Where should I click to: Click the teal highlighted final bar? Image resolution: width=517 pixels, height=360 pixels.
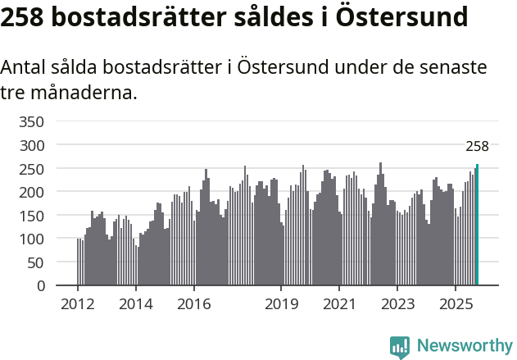477,226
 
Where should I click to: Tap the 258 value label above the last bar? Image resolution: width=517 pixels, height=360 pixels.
477,147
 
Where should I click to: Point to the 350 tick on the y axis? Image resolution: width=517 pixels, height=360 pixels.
30,122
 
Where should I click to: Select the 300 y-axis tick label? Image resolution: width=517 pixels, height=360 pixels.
30,145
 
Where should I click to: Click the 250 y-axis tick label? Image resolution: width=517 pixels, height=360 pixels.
30,169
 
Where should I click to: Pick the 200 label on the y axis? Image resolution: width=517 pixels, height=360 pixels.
30,192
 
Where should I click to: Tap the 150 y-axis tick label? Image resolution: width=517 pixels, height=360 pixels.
30,216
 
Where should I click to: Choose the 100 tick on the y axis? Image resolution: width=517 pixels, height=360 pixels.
30,239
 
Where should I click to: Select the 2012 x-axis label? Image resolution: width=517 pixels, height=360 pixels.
78,305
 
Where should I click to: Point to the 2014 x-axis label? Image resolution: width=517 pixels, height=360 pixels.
136,305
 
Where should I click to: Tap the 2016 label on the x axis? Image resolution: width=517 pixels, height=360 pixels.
194,305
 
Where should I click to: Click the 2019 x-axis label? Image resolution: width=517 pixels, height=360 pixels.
281,305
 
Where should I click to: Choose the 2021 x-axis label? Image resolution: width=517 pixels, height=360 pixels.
339,305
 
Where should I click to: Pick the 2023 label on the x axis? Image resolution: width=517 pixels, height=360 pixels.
397,305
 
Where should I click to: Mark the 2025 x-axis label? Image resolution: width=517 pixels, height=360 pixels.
456,305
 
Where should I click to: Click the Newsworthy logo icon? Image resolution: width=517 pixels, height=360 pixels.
400,347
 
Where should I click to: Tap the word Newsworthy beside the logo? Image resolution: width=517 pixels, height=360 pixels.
464,346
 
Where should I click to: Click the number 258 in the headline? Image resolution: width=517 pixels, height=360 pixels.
22,17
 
